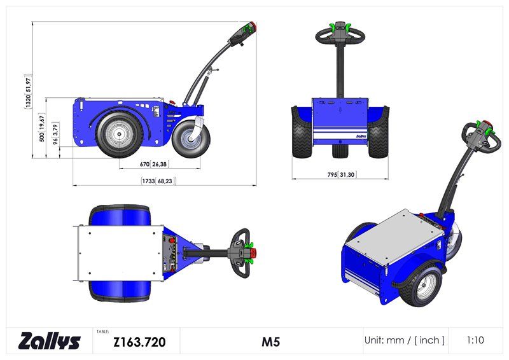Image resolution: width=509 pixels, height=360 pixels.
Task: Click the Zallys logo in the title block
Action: point(50,341)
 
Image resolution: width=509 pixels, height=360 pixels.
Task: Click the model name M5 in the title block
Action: point(271,342)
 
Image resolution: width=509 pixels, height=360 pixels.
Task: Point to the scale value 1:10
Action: point(475,340)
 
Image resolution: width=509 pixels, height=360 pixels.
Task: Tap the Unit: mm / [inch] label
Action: point(404,340)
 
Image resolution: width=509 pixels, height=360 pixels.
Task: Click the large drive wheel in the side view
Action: point(117,134)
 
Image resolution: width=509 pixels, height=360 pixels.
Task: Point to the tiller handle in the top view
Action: point(242,253)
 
